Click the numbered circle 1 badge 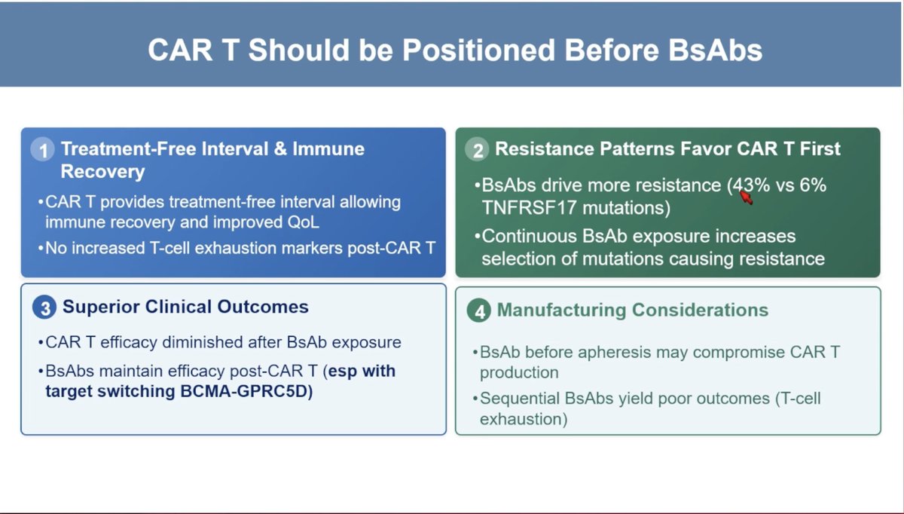click(42, 149)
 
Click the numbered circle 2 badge click(477, 149)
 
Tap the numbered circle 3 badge click(44, 307)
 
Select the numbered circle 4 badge click(479, 311)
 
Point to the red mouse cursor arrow click(747, 197)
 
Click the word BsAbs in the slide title click(715, 50)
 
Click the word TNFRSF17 click(529, 208)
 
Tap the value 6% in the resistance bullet click(813, 185)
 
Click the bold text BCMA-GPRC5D click(246, 391)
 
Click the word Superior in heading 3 click(101, 307)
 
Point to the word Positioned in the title click(479, 50)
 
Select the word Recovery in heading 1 click(102, 172)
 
